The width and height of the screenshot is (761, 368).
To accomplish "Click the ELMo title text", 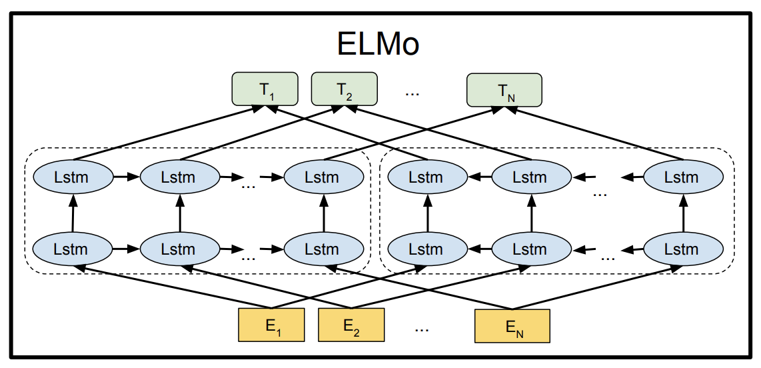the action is click(378, 45).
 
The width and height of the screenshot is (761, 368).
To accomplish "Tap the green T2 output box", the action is click(344, 89).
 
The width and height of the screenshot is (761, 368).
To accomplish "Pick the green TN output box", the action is click(504, 90).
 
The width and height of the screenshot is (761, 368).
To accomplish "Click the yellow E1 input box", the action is click(271, 325).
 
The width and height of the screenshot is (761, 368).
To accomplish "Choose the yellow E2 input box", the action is click(351, 325).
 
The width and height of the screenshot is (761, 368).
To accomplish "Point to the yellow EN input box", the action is click(512, 326).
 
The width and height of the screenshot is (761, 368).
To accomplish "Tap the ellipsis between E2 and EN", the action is click(422, 329).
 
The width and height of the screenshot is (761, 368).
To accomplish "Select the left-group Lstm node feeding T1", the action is click(73, 178).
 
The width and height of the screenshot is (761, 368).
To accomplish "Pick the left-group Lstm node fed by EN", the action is click(323, 250).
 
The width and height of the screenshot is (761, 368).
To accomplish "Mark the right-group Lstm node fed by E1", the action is click(426, 250).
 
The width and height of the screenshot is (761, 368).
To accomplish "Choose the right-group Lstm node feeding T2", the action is click(531, 178).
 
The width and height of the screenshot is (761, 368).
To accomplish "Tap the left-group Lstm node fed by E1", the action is click(73, 250).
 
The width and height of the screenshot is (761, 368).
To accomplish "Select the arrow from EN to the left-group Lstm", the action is click(420, 287).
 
